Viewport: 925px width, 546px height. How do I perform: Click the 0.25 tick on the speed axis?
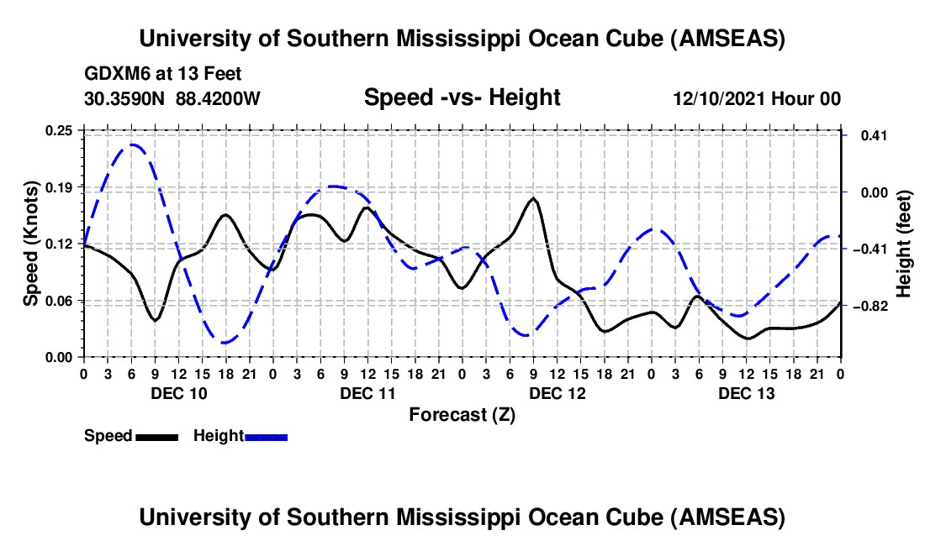[60, 130]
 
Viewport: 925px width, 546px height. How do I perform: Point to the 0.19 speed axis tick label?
[60, 186]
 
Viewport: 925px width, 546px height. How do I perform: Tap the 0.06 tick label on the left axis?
[60, 301]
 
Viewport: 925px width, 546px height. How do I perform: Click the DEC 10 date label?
[177, 393]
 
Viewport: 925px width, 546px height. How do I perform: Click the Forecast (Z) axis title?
[462, 414]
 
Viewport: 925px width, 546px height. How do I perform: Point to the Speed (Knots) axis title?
[31, 244]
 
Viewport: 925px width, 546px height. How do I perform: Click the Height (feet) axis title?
[904, 244]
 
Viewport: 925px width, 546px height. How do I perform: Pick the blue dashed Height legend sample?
[266, 436]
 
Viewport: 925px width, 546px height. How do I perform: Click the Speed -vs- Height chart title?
[462, 98]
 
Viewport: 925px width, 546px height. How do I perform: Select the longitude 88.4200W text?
[218, 98]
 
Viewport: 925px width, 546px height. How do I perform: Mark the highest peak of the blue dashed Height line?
[132, 145]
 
